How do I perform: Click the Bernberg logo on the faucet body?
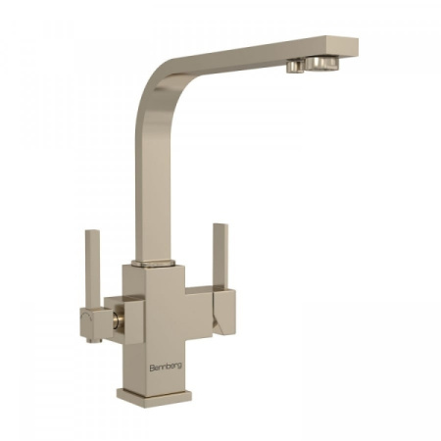pyautogui.click(x=166, y=367)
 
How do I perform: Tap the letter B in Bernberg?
pyautogui.click(x=152, y=367)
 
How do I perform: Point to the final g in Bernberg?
pyautogui.click(x=180, y=367)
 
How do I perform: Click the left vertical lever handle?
pyautogui.click(x=91, y=269)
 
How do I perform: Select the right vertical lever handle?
pyautogui.click(x=220, y=257)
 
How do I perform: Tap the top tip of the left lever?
pyautogui.click(x=91, y=230)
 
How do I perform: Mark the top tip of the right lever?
pyautogui.click(x=220, y=224)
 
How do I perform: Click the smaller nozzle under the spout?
pyautogui.click(x=295, y=66)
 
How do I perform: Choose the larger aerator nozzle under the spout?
pyautogui.click(x=322, y=63)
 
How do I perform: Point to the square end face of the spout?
pyautogui.click(x=352, y=46)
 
